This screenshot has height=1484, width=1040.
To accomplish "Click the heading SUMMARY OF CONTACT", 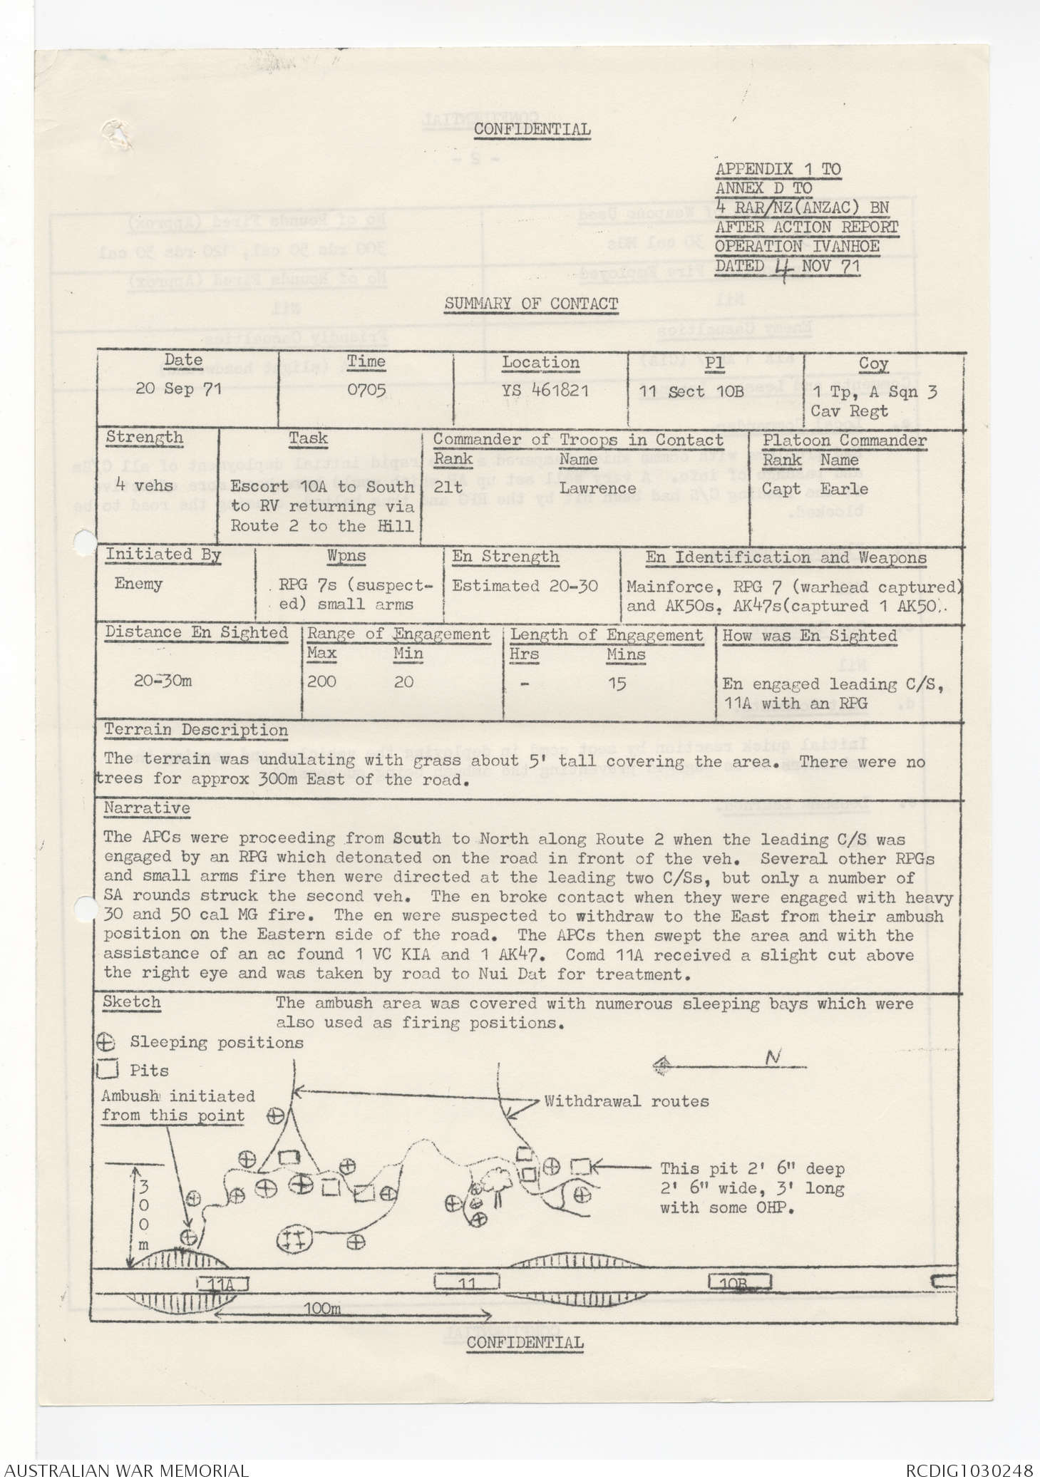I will point(531,304).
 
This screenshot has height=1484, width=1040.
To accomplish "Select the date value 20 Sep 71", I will point(179,389).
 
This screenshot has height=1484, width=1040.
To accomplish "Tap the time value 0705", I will point(366,390).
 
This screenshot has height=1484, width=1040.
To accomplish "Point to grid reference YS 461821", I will point(541,391).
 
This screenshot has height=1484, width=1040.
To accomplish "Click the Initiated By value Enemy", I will point(138,584).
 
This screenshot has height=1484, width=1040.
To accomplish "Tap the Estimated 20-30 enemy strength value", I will point(525,586).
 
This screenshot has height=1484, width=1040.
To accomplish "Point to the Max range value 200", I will point(321,681).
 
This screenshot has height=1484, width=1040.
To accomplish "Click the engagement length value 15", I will point(617,684).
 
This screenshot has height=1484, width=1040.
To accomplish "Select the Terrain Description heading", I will point(196,730).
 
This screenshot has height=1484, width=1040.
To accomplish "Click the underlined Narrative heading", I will point(147,808).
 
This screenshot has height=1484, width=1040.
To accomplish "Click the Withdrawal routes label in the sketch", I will point(626,1101).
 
